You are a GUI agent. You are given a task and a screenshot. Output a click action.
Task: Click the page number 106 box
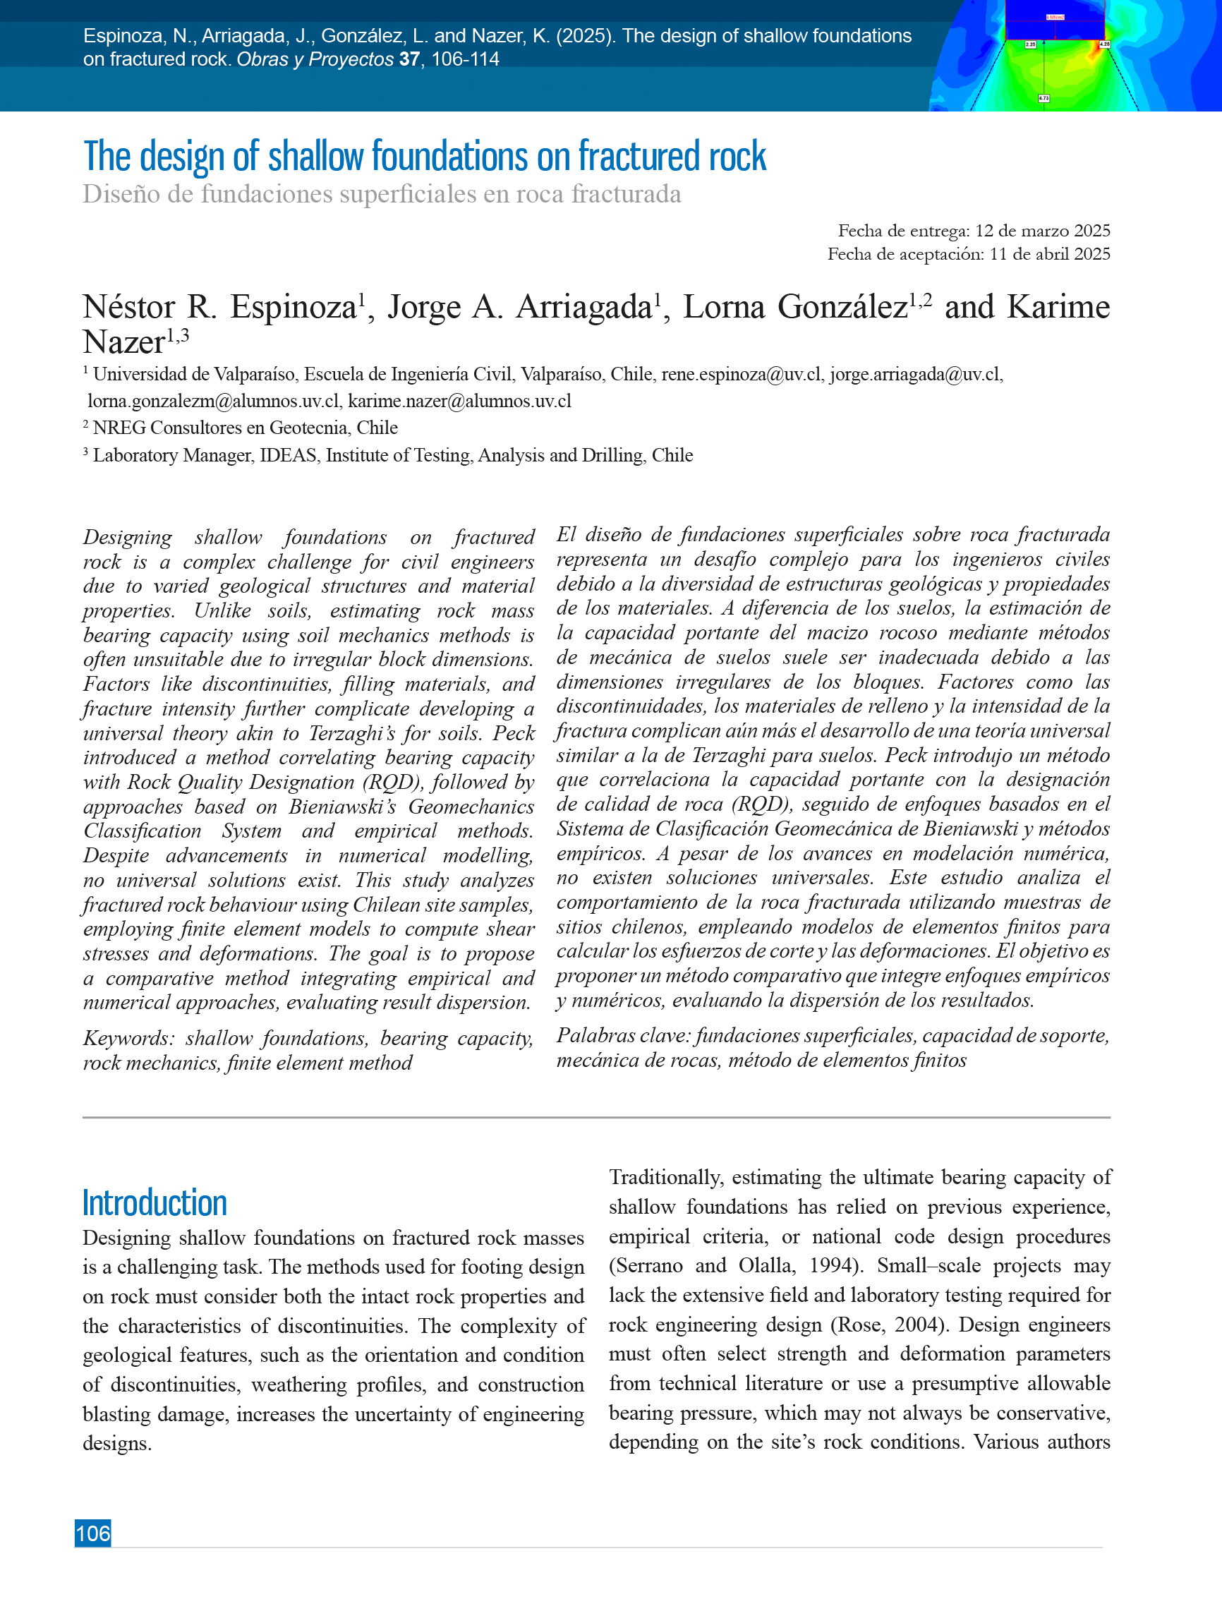pos(92,1533)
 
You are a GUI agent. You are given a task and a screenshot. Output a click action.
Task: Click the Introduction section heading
pos(155,1202)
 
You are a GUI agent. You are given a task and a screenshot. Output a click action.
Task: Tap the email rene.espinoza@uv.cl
pos(741,374)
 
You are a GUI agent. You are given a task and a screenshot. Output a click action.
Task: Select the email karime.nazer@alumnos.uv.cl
pos(459,402)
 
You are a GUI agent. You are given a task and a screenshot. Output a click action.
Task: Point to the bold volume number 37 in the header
pos(409,59)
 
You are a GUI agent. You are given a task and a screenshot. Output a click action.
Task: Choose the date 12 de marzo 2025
pos(1042,231)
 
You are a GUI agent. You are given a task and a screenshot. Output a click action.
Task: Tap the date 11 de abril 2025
pos(1049,254)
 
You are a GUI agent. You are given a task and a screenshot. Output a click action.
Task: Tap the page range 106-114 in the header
pos(466,59)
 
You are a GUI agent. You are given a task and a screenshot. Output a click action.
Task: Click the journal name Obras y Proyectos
pos(315,59)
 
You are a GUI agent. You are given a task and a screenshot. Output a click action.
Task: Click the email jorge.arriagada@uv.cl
pos(915,374)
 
